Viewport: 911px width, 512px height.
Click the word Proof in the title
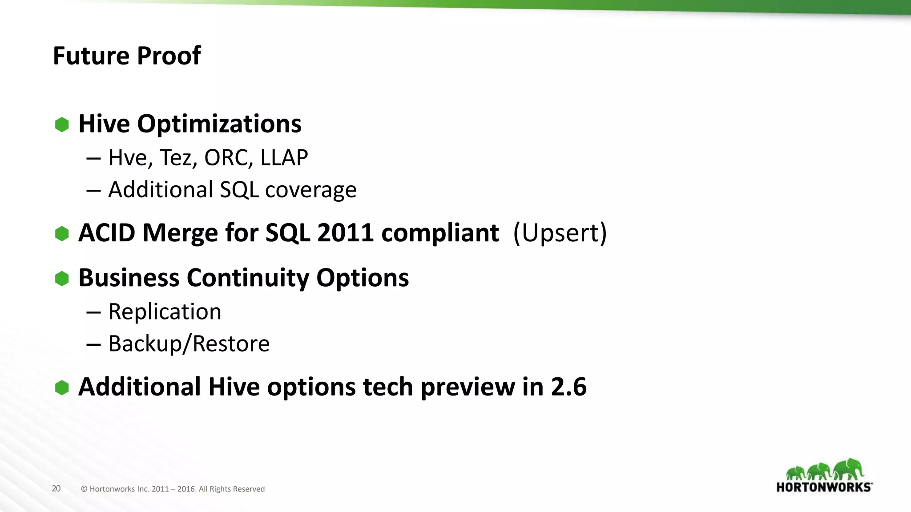[169, 56]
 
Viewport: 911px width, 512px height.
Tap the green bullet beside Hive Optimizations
[62, 124]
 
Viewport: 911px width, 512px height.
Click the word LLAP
[284, 158]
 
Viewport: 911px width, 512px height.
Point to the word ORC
[226, 158]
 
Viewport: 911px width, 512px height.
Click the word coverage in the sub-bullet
[310, 190]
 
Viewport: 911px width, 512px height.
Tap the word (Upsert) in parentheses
[560, 233]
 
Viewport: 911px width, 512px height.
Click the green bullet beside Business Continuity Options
[62, 279]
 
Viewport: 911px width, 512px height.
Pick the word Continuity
[248, 278]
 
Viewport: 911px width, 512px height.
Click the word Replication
[165, 312]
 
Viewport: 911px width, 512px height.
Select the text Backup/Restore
[189, 344]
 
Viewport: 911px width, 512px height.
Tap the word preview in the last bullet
[468, 388]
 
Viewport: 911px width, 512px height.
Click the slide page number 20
[56, 488]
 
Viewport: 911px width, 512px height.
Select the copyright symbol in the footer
[84, 489]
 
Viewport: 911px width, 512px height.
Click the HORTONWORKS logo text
[824, 487]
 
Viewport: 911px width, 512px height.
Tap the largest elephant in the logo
[849, 469]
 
